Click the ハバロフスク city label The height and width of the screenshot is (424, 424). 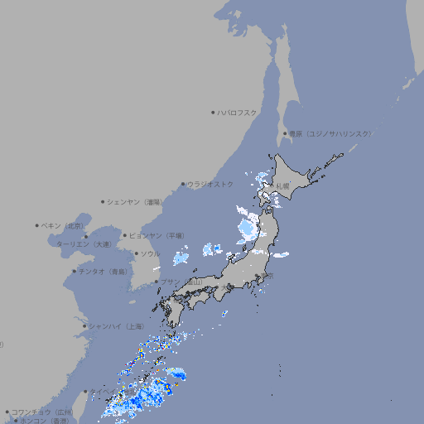(238, 112)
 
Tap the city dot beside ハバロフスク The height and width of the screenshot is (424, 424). (213, 112)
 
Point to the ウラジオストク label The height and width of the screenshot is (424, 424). (210, 184)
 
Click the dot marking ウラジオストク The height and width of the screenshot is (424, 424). (183, 184)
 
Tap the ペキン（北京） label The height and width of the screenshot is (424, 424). (64, 225)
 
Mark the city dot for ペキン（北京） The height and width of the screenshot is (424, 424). (37, 225)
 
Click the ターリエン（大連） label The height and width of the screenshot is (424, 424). (84, 244)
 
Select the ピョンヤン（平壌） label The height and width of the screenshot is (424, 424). (157, 235)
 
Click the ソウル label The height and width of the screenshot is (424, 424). (150, 253)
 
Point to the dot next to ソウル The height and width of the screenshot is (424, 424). (136, 253)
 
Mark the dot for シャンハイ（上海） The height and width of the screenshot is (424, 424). (84, 326)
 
